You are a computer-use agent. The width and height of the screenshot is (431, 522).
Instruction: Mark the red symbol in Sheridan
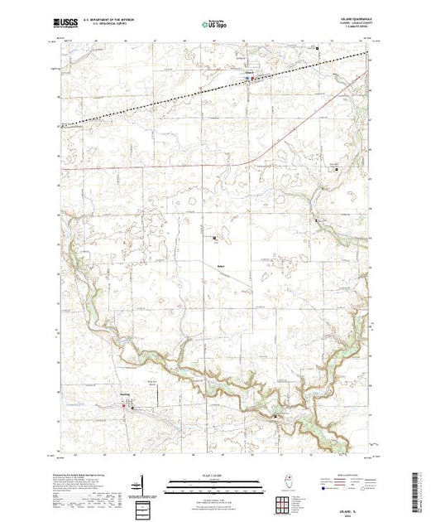click(125, 406)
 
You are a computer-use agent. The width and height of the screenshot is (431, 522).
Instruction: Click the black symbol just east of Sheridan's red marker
click(132, 406)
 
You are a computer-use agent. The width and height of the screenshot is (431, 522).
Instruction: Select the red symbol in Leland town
click(253, 80)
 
